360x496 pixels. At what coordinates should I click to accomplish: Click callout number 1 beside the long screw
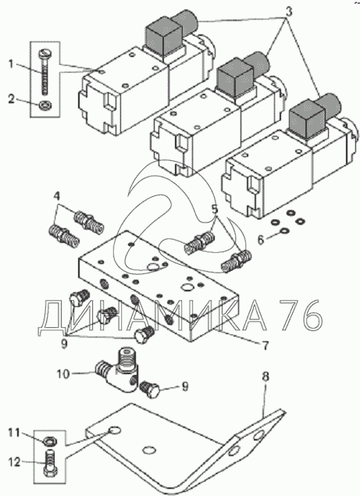[x=12, y=64]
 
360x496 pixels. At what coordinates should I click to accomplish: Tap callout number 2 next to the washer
[x=12, y=100]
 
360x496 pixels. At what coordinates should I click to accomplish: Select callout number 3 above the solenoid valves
[x=288, y=12]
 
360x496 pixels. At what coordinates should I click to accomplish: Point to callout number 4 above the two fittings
[x=57, y=196]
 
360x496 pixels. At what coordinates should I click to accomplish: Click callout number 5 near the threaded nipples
[x=215, y=209]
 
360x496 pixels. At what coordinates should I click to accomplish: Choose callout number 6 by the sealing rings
[x=260, y=240]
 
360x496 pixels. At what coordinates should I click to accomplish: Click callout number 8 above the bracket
[x=266, y=376]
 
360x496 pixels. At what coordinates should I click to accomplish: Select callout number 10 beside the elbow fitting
[x=63, y=374]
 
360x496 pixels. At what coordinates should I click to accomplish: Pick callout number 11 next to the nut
[x=15, y=432]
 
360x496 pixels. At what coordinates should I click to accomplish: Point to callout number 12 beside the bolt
[x=15, y=462]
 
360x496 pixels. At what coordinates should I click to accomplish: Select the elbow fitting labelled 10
[x=118, y=369]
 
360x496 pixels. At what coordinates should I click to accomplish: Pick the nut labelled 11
[x=49, y=440]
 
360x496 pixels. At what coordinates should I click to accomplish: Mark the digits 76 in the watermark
[x=301, y=314]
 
